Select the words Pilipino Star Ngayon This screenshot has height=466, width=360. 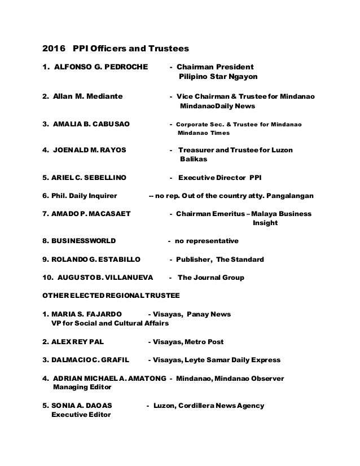click(x=213, y=77)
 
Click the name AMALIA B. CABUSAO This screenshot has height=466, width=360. click(x=91, y=124)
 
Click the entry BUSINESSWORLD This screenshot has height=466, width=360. click(x=84, y=241)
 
